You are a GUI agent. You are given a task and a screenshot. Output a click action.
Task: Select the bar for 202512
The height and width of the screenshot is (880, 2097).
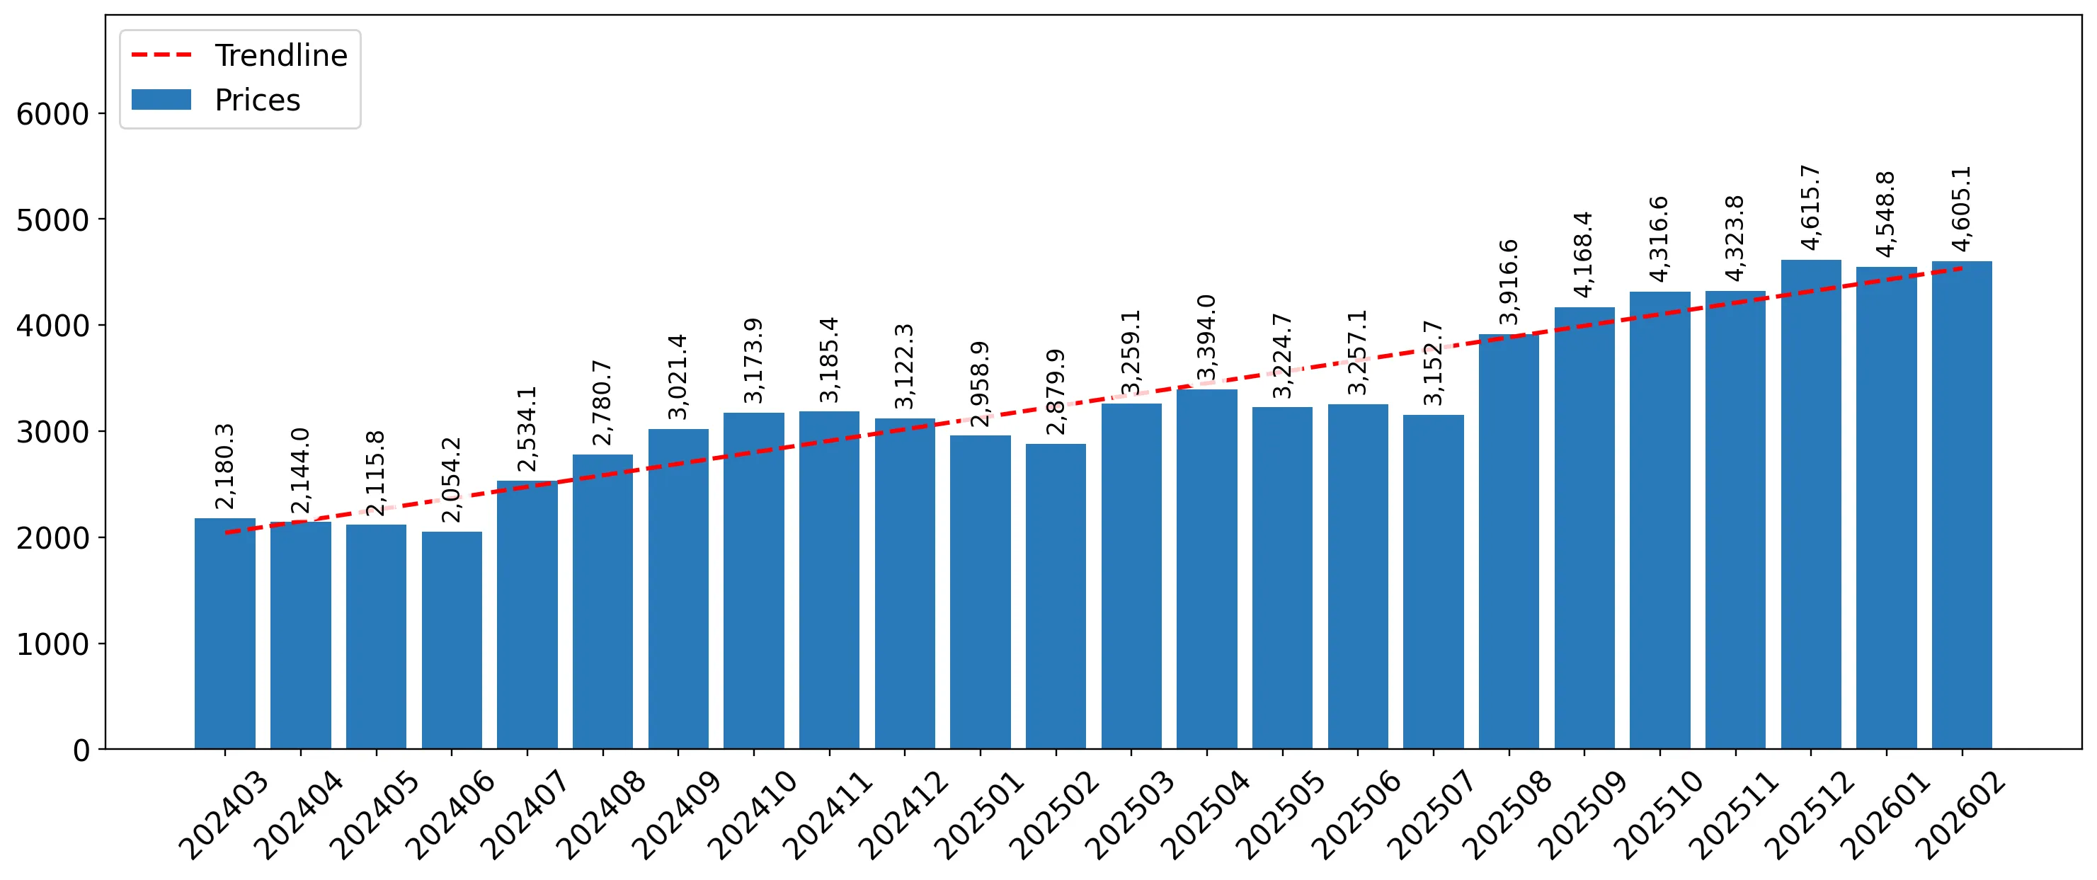[x=1810, y=504]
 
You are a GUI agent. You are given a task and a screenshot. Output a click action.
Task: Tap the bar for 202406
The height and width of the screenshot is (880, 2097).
[x=452, y=640]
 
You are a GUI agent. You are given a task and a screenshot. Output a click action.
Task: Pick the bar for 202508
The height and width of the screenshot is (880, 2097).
[x=1509, y=542]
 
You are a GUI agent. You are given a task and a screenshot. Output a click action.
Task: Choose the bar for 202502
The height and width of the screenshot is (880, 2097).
[x=1056, y=596]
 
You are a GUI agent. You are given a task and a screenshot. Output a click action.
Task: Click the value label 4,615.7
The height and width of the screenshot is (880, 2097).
[x=1810, y=207]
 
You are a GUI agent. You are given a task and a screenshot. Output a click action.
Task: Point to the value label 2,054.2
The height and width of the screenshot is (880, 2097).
[x=452, y=479]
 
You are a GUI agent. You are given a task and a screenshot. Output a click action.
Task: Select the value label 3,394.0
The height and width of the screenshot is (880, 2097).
[x=1206, y=337]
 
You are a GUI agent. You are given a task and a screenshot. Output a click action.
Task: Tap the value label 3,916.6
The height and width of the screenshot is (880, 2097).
[x=1509, y=282]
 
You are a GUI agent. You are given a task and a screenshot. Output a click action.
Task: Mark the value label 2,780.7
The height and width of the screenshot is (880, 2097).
[x=602, y=402]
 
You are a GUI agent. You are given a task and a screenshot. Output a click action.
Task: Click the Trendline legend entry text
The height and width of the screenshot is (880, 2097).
[x=281, y=55]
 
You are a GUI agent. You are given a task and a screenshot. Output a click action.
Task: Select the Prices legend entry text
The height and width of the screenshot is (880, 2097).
[x=257, y=100]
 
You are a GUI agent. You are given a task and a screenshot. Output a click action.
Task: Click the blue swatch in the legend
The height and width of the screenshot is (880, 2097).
[x=161, y=99]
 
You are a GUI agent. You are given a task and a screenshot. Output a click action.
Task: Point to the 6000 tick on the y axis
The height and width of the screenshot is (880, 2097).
[x=101, y=113]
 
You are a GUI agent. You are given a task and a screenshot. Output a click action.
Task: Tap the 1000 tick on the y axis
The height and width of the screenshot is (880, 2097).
[x=101, y=643]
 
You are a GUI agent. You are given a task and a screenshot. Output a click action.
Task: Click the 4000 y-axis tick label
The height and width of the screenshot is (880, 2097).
[x=53, y=326]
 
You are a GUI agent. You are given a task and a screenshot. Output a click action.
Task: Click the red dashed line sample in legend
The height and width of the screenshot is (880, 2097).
[x=161, y=55]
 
